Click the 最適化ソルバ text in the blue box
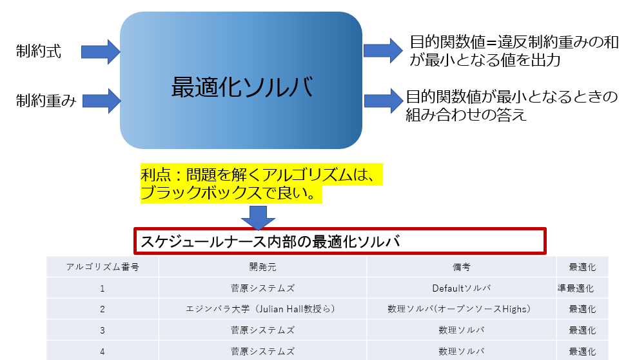242,87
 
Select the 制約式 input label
39,52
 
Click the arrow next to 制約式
102,52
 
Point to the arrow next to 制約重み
102,101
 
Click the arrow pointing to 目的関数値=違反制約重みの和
382,52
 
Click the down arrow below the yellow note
258,216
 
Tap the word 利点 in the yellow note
155,175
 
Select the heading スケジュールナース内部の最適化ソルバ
270,242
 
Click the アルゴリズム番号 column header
103,266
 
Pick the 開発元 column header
262,266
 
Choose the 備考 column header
462,266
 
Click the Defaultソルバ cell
462,288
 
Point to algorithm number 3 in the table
103,330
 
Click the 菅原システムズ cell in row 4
262,351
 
